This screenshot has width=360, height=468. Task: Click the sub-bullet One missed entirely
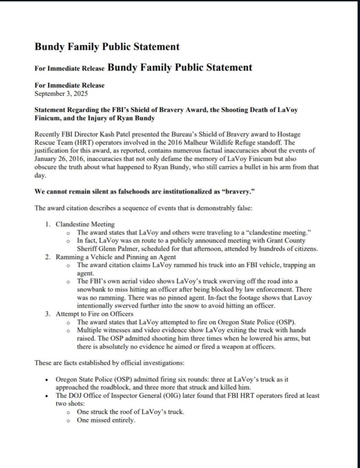point(106,420)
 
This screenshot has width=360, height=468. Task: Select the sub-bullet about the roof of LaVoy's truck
point(131,412)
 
